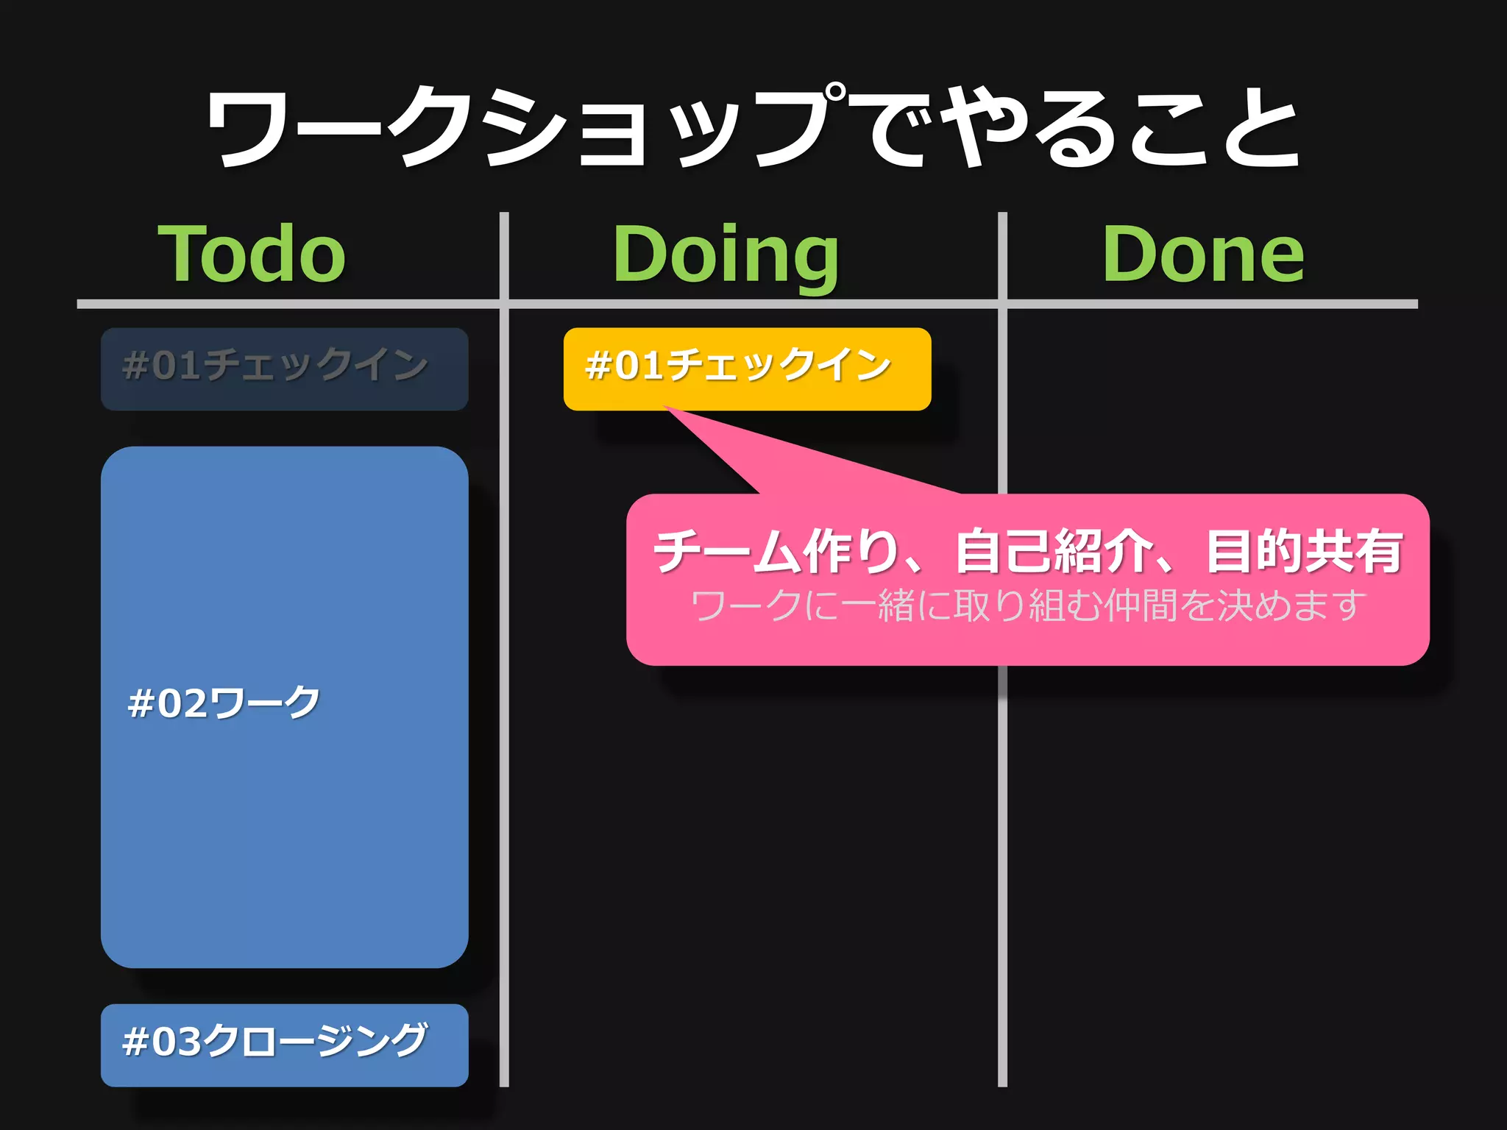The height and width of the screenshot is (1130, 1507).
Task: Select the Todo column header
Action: coord(252,254)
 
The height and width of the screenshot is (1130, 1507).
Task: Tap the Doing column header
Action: coord(726,254)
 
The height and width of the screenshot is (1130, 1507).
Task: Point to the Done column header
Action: coord(1203,254)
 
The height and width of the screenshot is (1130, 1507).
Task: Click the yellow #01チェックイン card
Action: coord(747,369)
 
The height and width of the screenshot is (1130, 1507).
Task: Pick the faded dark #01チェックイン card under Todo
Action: coord(284,369)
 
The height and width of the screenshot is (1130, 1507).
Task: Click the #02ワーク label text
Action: coord(224,703)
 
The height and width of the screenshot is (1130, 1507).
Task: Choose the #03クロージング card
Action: coord(284,1045)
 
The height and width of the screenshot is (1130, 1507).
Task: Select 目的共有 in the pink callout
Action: coord(1304,551)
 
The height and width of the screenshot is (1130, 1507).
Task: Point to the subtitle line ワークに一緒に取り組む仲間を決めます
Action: coord(1027,605)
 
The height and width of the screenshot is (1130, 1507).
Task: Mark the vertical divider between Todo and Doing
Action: coord(504,662)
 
